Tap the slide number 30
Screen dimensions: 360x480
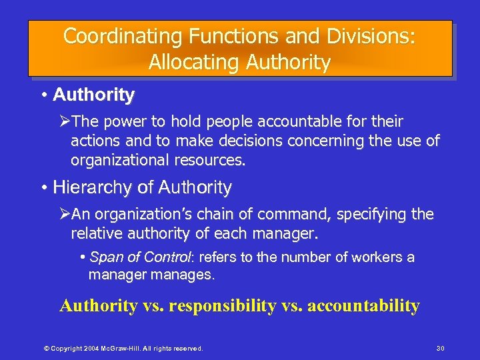[439, 348]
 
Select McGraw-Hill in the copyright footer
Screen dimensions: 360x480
[128, 348]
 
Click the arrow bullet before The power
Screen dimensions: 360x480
[65, 122]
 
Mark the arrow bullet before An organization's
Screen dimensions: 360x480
[65, 215]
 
